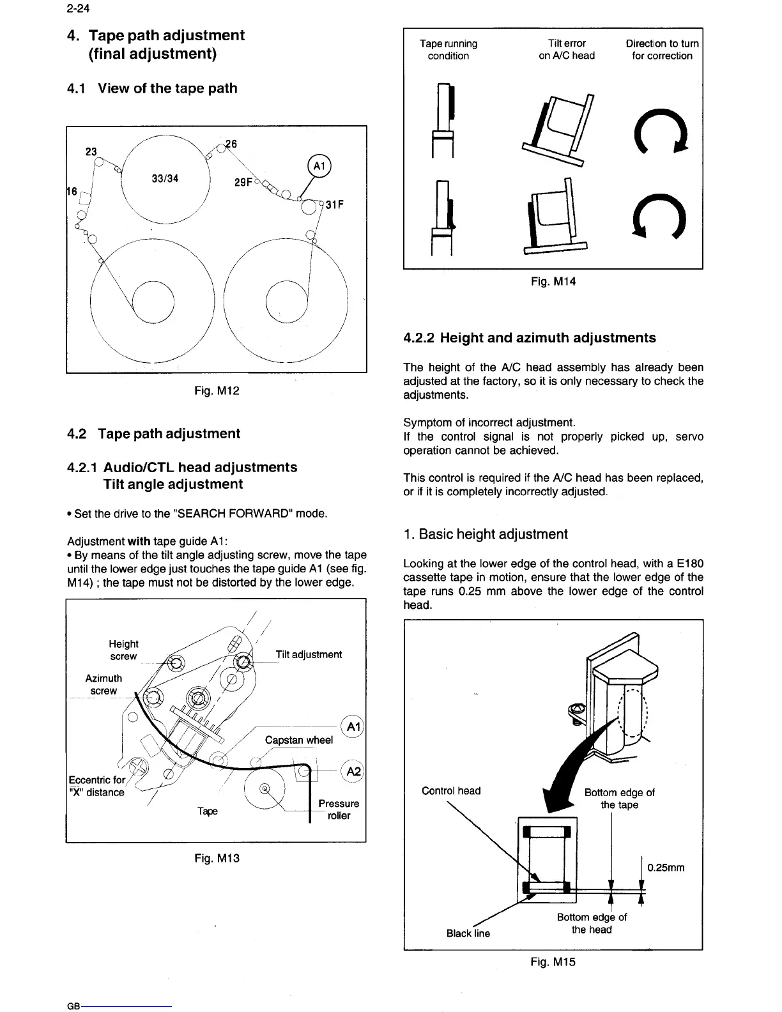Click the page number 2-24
pyautogui.click(x=76, y=10)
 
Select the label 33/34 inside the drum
pyautogui.click(x=165, y=178)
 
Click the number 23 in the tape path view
pyautogui.click(x=91, y=151)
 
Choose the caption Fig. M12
pyautogui.click(x=217, y=390)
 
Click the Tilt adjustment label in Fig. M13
pyautogui.click(x=309, y=654)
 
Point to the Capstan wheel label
pyautogui.click(x=298, y=740)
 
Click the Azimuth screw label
pyautogui.click(x=103, y=684)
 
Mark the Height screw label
pyautogui.click(x=123, y=650)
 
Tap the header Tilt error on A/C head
pyautogui.click(x=566, y=49)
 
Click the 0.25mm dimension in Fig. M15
pyautogui.click(x=666, y=868)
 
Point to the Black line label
pyautogui.click(x=468, y=933)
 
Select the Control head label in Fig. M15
pyautogui.click(x=451, y=790)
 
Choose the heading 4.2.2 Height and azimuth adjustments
pyautogui.click(x=530, y=337)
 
